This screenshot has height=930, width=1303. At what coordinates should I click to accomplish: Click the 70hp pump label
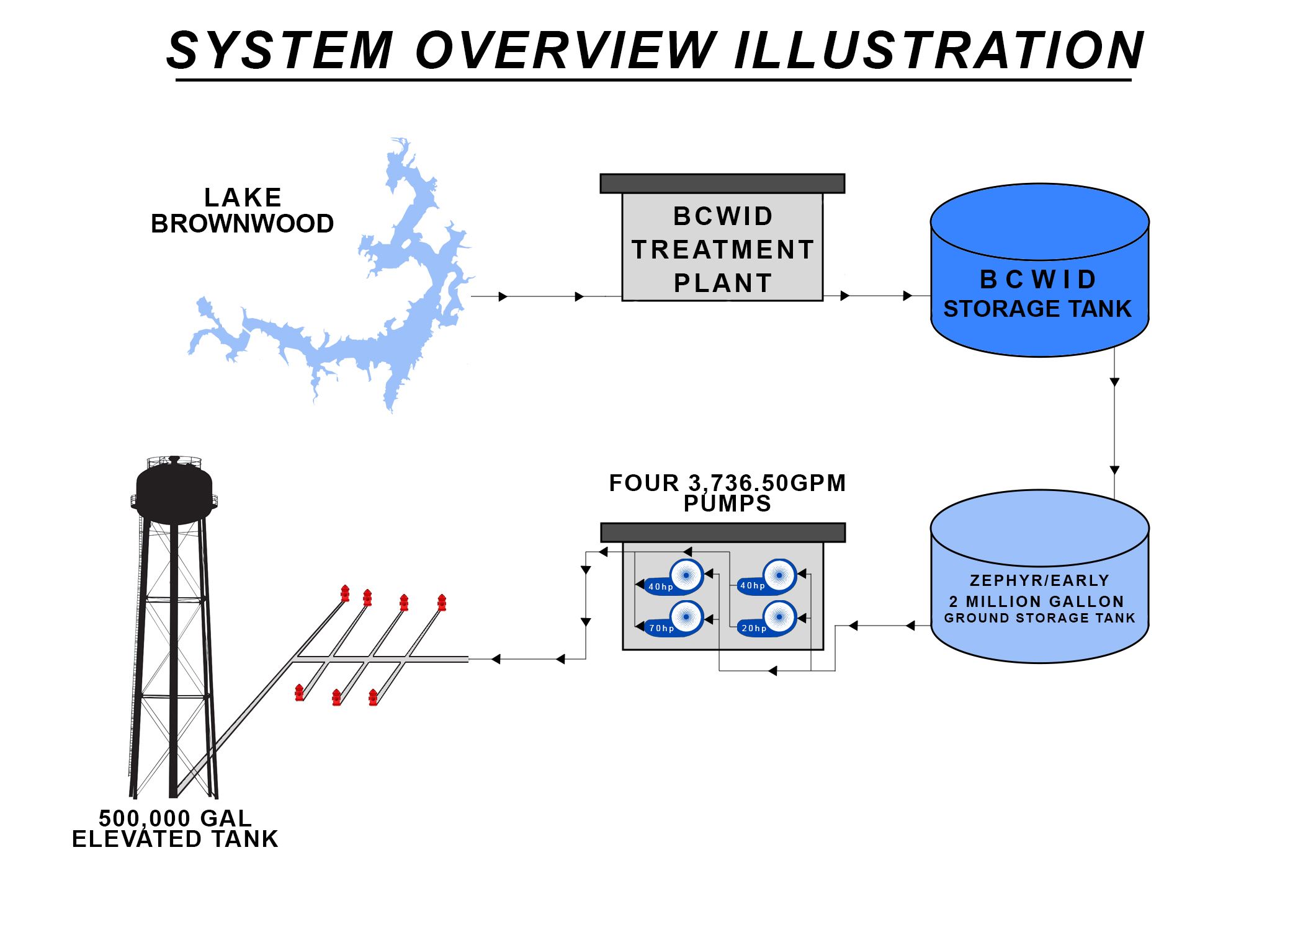click(x=661, y=628)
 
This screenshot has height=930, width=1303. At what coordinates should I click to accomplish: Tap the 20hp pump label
click(x=754, y=628)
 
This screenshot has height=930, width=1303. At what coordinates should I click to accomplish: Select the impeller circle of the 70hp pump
click(x=686, y=616)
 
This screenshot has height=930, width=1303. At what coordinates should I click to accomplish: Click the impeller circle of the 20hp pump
click(x=779, y=617)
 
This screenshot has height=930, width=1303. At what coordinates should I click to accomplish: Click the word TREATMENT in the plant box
click(x=723, y=250)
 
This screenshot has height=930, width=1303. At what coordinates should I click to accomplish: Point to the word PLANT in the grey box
click(x=723, y=283)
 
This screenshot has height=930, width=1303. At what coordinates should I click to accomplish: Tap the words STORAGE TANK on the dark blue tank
click(x=1037, y=309)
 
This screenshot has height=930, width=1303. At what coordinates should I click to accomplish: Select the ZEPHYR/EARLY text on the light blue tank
click(x=1039, y=580)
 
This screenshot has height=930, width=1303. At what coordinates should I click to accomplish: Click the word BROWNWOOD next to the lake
click(x=242, y=224)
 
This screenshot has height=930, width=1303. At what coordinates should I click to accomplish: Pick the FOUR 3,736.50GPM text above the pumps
click(x=727, y=483)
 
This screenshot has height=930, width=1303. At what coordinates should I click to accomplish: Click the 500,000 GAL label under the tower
click(x=176, y=818)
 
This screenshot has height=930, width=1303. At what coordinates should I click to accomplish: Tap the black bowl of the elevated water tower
click(x=174, y=490)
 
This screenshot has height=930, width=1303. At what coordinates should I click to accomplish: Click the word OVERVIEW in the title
click(x=565, y=51)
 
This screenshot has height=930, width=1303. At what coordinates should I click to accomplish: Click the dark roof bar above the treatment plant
click(x=722, y=184)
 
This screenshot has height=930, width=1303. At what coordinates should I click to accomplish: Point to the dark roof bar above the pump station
click(x=723, y=533)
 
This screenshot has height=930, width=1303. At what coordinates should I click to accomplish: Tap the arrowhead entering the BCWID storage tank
click(x=908, y=296)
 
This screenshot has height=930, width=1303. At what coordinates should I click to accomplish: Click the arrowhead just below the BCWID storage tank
click(x=1114, y=382)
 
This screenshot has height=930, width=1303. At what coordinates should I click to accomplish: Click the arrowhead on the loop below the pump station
click(x=772, y=671)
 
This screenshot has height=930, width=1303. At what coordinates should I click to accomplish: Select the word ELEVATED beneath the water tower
click(x=137, y=839)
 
